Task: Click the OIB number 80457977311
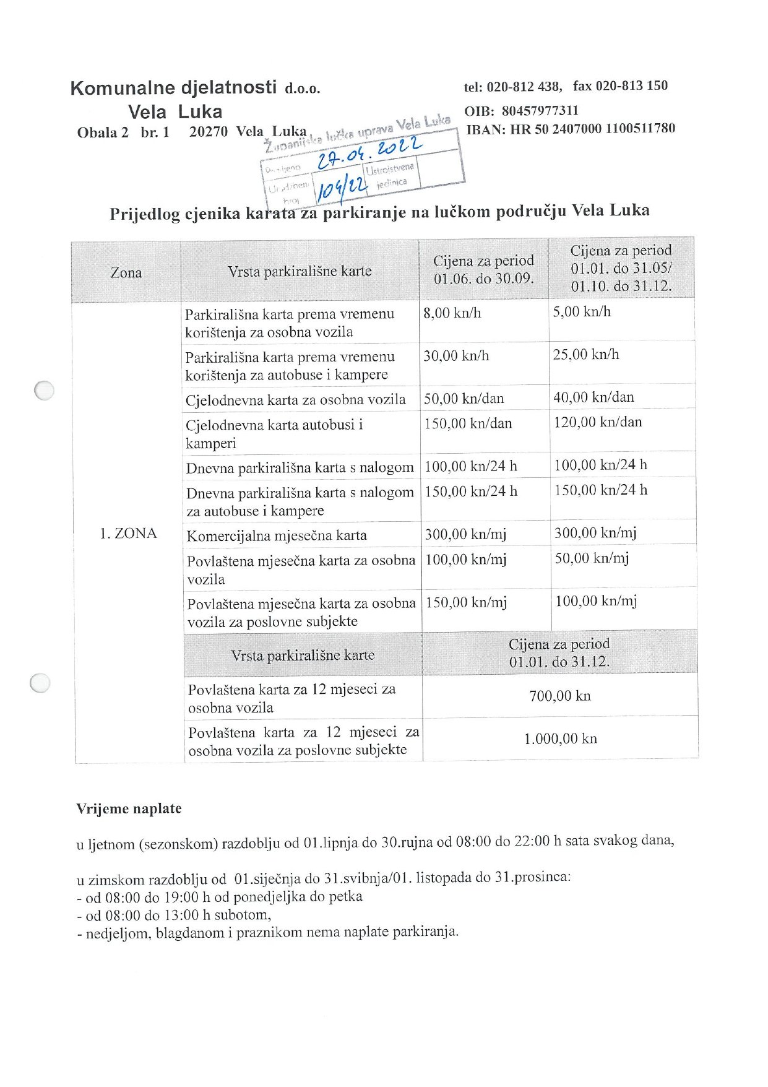coord(540,111)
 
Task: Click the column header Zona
coord(126,272)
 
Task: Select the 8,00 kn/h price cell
coord(452,313)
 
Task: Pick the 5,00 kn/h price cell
coord(582,312)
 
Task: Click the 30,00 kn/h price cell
coord(456,356)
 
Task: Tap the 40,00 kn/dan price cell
coord(593,397)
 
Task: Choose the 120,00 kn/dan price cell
coord(598,422)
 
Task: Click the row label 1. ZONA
coord(128,534)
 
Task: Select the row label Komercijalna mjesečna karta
coord(277,535)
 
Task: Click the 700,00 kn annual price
coord(560,696)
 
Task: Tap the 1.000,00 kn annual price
coord(560,738)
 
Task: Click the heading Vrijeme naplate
coord(129,808)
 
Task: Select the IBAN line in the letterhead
coord(570,129)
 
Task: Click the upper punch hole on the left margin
coord(44,390)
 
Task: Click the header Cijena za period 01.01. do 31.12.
coord(559,652)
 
